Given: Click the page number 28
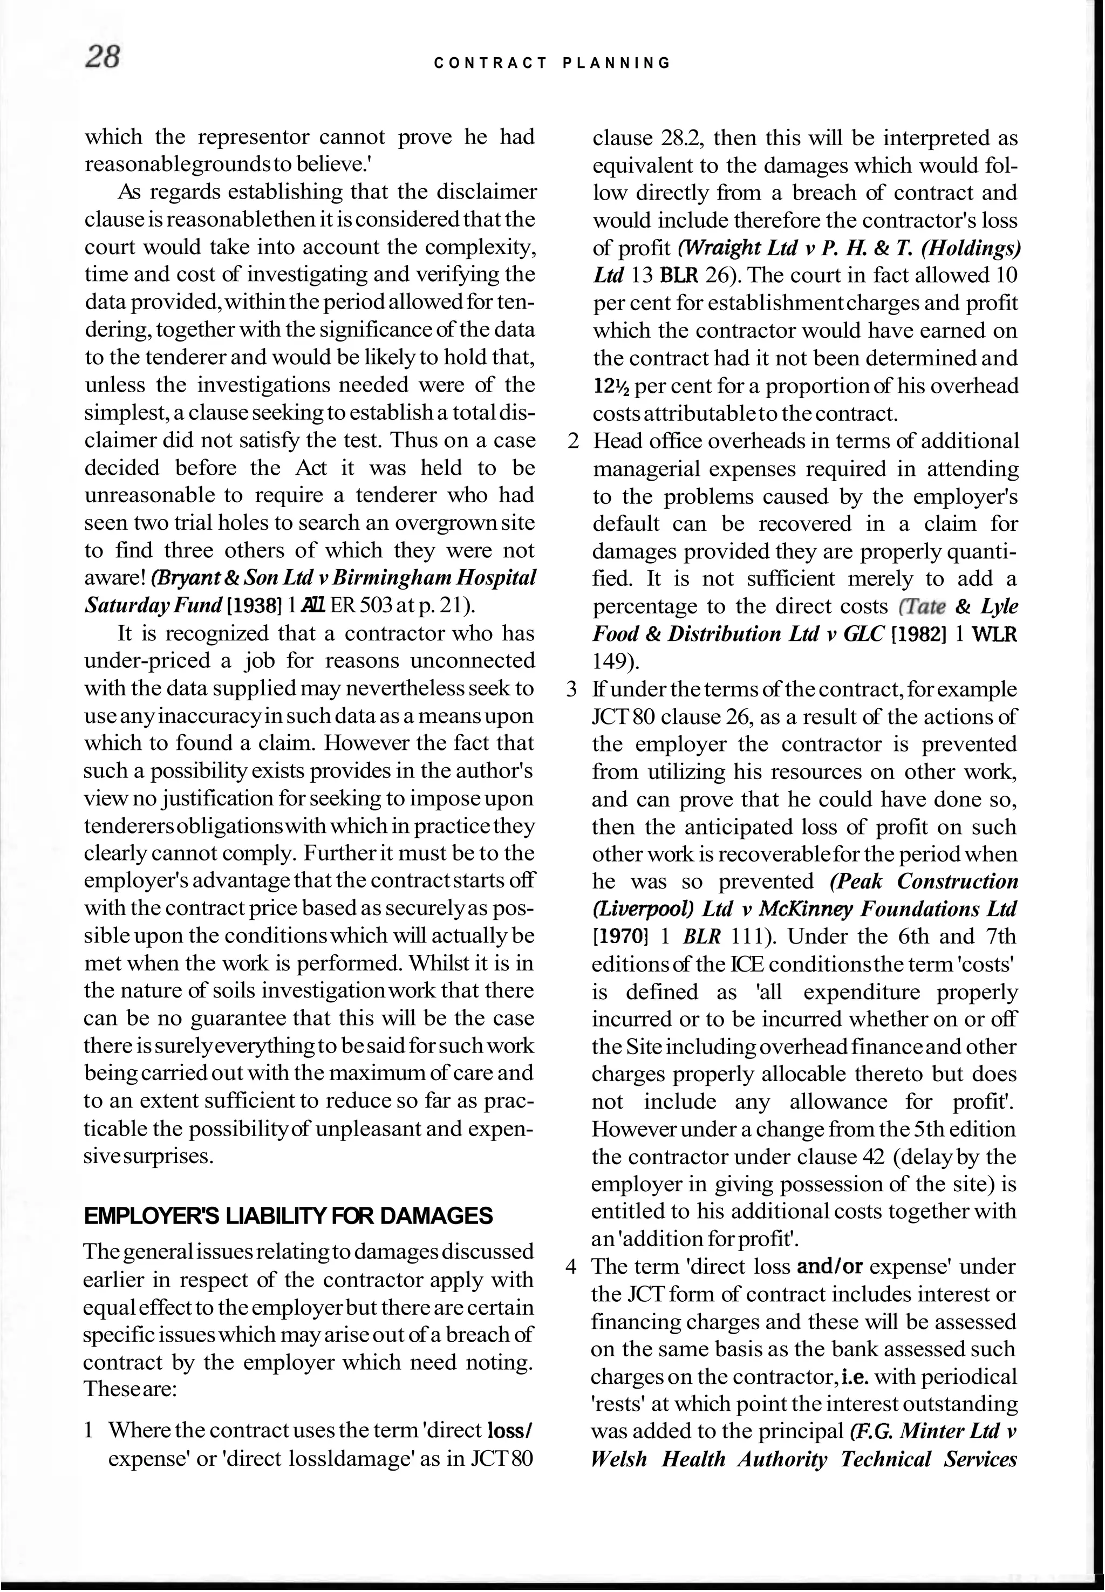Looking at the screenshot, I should pos(103,57).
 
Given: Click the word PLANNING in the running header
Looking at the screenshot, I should pos(617,64).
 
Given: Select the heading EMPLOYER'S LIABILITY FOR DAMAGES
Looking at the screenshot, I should pos(288,1216).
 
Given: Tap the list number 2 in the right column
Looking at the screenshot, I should pos(572,442).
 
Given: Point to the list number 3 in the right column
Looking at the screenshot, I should pos(572,689).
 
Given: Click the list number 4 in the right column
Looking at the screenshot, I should pos(571,1267).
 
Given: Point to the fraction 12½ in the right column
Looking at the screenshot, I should pos(612,386).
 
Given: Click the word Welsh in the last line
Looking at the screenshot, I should pos(619,1459).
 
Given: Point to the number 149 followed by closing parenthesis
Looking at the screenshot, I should pos(616,662).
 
